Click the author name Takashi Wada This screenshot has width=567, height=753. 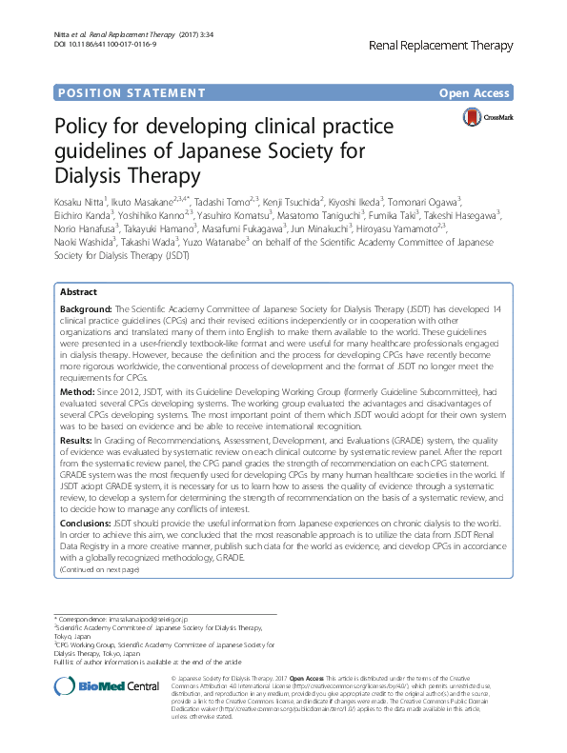click(151, 242)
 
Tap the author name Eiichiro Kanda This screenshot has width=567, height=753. click(85, 214)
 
